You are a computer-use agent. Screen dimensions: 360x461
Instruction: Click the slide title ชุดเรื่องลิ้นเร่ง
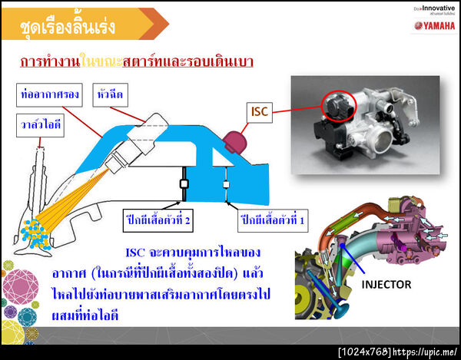(x=70, y=28)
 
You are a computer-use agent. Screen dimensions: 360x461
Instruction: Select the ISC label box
(x=260, y=112)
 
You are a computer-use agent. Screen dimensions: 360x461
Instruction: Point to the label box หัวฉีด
(x=111, y=95)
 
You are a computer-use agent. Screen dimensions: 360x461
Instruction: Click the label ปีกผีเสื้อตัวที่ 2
(x=159, y=220)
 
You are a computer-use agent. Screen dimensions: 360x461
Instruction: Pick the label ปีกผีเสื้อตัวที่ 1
(x=274, y=220)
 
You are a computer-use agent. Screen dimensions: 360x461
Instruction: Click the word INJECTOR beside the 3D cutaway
(x=387, y=284)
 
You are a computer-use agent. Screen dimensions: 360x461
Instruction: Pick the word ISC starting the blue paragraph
(x=135, y=253)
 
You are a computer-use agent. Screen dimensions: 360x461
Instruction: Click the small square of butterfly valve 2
(x=184, y=184)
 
